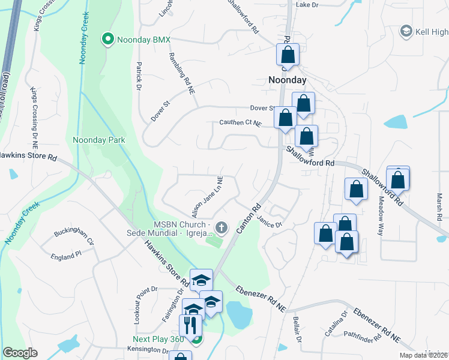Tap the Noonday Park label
(99, 140)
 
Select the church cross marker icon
(221, 227)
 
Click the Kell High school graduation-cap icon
(406, 31)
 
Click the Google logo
(20, 352)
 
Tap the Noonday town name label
(287, 80)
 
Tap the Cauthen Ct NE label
(240, 124)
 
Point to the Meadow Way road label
(381, 216)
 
